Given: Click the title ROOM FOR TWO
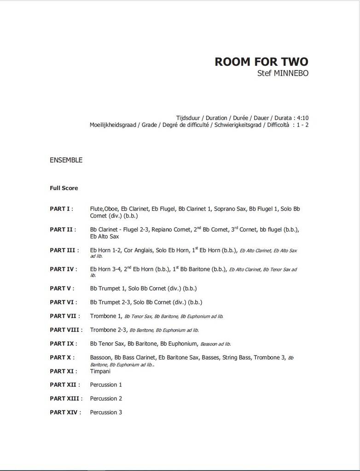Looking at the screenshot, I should tap(261, 62).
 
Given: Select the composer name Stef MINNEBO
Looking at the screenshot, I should tap(283, 73).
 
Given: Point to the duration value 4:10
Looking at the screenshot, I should tap(302, 118).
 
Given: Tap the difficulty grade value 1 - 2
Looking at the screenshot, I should tap(302, 125).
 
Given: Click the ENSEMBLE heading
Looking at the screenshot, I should tap(66, 160).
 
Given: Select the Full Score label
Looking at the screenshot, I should tap(64, 188).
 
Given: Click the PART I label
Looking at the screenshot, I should tap(60, 209).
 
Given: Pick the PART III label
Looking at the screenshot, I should tap(63, 250).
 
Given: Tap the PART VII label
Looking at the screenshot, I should tap(63, 316).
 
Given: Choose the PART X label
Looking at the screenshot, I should tap(60, 357).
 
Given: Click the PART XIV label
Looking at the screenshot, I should tap(64, 412).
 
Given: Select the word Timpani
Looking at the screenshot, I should tap(100, 371).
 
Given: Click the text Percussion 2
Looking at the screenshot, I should tap(106, 398).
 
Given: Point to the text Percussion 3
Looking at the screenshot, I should tap(106, 412).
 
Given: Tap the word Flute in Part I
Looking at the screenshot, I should tap(97, 209).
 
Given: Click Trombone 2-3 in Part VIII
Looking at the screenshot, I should tap(109, 330).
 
